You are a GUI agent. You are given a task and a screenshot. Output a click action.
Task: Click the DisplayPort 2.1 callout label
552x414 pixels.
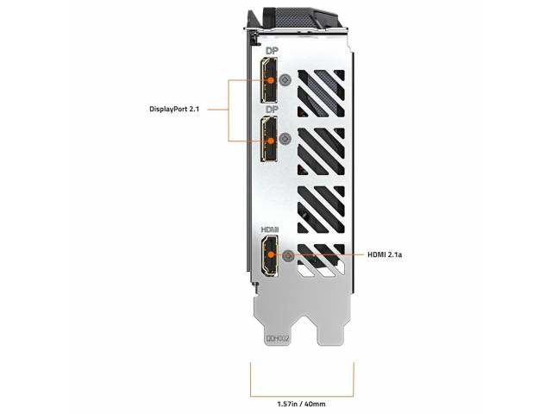click(x=174, y=110)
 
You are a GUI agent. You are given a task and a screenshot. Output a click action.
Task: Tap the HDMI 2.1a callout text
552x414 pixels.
click(x=385, y=254)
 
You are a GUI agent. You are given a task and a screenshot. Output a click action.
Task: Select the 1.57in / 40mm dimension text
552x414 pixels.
click(x=301, y=404)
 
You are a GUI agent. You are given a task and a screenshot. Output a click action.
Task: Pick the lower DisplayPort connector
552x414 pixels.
click(x=268, y=140)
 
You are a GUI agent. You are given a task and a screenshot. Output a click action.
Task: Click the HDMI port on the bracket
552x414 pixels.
click(x=269, y=255)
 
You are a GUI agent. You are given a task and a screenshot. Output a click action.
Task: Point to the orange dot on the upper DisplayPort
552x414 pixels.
click(x=270, y=80)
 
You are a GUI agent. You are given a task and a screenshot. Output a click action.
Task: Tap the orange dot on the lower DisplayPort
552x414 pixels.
click(x=271, y=141)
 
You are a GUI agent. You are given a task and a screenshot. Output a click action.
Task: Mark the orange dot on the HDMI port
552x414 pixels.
click(x=271, y=254)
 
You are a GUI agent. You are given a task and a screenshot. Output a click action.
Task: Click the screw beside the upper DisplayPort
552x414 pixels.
click(x=285, y=80)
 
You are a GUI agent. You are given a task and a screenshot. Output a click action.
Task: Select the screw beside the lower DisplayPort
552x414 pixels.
click(x=285, y=139)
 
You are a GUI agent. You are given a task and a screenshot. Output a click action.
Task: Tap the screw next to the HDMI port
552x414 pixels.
click(x=289, y=255)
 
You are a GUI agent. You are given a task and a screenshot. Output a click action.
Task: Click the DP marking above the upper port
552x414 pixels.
click(x=272, y=51)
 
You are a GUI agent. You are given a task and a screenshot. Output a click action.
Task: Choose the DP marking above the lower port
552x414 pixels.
click(x=272, y=110)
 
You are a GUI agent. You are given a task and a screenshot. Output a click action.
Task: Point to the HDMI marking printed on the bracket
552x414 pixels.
click(x=270, y=229)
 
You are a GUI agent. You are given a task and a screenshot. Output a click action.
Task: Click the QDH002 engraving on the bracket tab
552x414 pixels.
click(x=278, y=339)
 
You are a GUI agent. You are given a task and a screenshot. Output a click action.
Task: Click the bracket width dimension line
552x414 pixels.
click(x=302, y=397)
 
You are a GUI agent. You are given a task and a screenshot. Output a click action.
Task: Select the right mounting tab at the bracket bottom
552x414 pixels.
click(x=331, y=328)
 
